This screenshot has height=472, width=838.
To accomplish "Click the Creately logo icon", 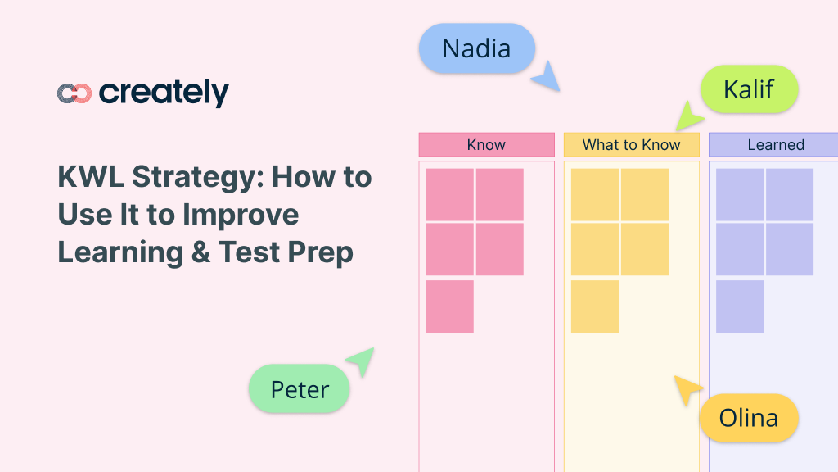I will click(x=74, y=93).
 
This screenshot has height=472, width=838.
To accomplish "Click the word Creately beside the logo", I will click(x=164, y=93).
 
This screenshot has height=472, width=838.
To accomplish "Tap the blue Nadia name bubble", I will click(x=476, y=48).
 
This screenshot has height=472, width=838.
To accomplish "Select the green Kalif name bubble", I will click(x=749, y=89).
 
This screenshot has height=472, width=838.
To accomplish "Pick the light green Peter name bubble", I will click(x=300, y=389).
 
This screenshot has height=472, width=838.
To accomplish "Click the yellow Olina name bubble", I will click(x=748, y=418).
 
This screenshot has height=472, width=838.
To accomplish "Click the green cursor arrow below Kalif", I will click(x=687, y=116).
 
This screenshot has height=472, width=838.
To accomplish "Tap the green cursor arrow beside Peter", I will click(x=361, y=361).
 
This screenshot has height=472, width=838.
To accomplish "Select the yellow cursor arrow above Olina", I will click(x=687, y=389).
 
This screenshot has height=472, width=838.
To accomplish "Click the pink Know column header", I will click(x=486, y=145).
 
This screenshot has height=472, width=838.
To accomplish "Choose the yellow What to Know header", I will click(x=631, y=145).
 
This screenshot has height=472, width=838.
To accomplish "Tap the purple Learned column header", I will click(x=773, y=145).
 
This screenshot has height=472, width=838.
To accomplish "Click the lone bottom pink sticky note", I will click(x=450, y=306).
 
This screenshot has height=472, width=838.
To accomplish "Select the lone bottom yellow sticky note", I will click(x=595, y=306).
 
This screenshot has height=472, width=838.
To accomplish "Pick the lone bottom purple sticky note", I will click(x=740, y=306).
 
